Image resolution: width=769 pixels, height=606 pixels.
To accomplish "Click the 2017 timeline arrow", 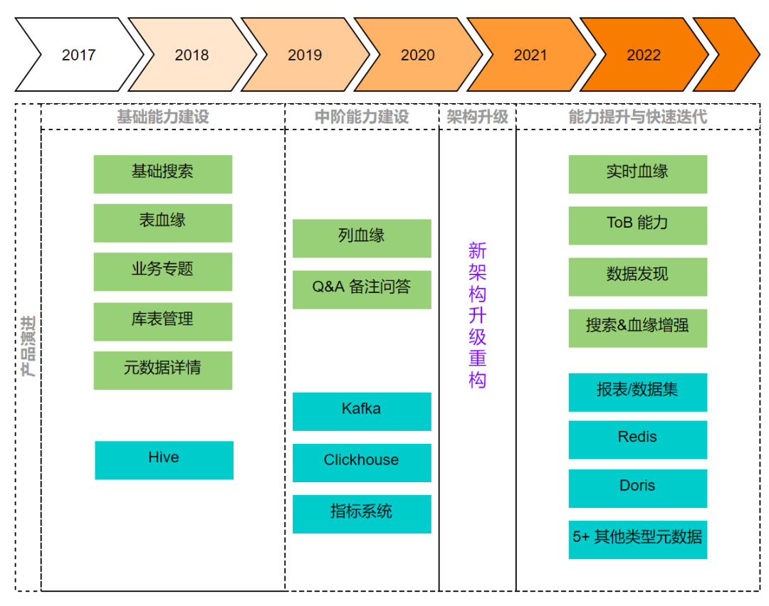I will point(78,55).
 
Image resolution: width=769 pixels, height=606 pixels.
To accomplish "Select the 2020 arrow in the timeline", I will point(417,55).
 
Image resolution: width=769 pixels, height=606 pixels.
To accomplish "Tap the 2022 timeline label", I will point(643,55).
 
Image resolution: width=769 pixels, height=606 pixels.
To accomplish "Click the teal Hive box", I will point(164,459).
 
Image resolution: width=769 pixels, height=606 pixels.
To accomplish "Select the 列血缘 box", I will point(362,238).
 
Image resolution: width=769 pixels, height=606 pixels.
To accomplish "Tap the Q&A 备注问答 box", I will point(362,289).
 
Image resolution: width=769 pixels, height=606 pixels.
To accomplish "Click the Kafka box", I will point(362,411).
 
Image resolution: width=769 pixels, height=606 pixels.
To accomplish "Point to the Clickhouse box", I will point(362,462).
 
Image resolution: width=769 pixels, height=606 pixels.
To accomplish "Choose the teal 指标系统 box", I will point(362,514).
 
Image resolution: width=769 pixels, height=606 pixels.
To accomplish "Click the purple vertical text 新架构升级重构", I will point(477,315).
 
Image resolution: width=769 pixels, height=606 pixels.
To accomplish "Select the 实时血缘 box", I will point(637,174).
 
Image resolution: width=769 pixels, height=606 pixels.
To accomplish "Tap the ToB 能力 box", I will point(637,225).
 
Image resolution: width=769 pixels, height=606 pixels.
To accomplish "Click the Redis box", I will point(637,439).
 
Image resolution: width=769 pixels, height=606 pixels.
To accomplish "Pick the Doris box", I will point(637,488).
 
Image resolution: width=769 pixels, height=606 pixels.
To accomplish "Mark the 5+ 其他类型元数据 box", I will point(637,539).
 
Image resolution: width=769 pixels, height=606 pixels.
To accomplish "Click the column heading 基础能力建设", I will point(162,117).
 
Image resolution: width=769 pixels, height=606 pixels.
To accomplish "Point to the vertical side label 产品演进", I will point(29,346).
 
